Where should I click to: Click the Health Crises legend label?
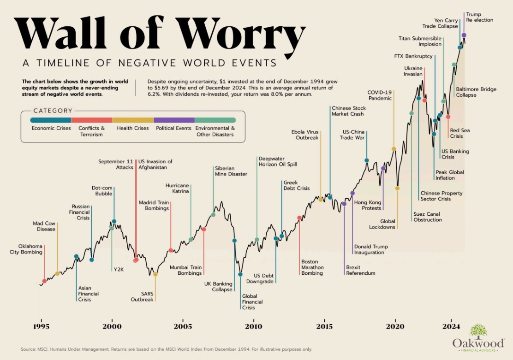pos(133,128)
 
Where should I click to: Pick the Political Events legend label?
pos(173,128)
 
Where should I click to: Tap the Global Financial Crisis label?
pos(252,302)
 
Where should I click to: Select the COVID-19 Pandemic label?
pos(379,95)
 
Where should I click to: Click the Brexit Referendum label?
pos(360,270)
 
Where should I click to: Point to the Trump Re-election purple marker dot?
pos(464,35)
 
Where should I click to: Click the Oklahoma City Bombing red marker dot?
pos(44,281)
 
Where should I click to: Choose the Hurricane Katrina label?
pos(177,189)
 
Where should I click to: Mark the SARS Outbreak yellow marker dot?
pos(155,274)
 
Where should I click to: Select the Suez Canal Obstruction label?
pos(427,217)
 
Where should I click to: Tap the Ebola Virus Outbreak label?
pos(304,135)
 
